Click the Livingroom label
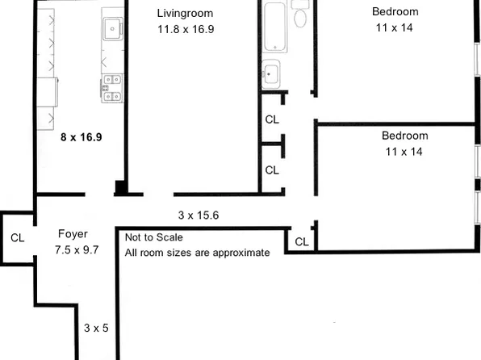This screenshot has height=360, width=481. point(185,13)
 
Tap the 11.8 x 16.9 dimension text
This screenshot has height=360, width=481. point(185,29)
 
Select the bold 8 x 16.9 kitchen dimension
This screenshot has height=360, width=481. point(82,137)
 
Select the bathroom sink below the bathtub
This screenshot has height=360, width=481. point(270,73)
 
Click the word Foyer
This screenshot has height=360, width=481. point(73,234)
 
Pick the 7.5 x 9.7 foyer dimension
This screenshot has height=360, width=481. point(76,249)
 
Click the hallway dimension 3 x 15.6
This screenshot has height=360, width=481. point(199,216)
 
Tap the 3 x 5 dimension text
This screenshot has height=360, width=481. point(96,329)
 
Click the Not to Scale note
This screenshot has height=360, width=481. point(153,237)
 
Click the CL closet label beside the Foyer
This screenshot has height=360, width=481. point(17,238)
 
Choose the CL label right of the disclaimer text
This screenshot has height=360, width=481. point(301,241)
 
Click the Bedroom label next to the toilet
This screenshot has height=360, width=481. point(395,11)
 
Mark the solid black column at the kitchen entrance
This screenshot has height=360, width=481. point(120,188)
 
